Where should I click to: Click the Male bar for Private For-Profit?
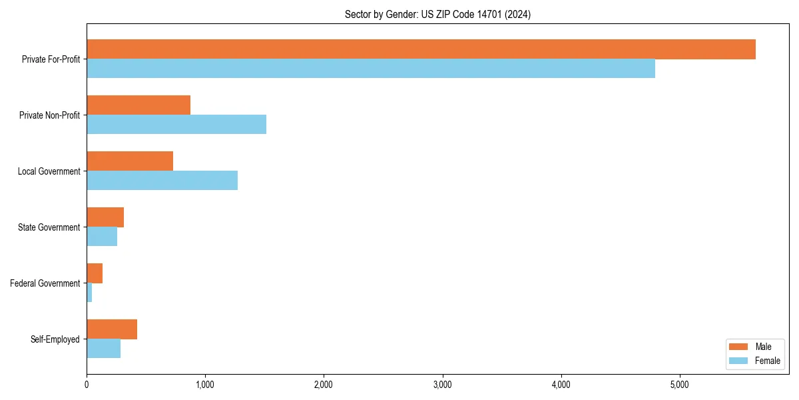(x=421, y=49)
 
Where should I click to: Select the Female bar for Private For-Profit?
(x=371, y=69)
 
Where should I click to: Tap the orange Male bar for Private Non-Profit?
(x=138, y=105)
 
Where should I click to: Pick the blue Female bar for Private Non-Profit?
(x=176, y=125)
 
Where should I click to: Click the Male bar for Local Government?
(x=130, y=161)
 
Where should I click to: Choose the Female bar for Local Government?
(x=162, y=181)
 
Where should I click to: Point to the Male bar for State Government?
(x=105, y=217)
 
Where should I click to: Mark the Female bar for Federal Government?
(x=89, y=293)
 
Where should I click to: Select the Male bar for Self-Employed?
(x=112, y=329)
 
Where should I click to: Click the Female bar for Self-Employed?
(x=103, y=349)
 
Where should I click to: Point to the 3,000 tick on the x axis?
(x=442, y=385)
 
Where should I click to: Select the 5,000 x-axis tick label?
(x=679, y=385)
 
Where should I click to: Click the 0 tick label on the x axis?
(x=87, y=385)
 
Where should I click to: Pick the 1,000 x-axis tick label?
(x=205, y=385)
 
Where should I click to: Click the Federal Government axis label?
(x=45, y=283)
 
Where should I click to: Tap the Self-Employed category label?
(x=55, y=339)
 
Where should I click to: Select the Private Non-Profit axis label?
(x=49, y=115)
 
